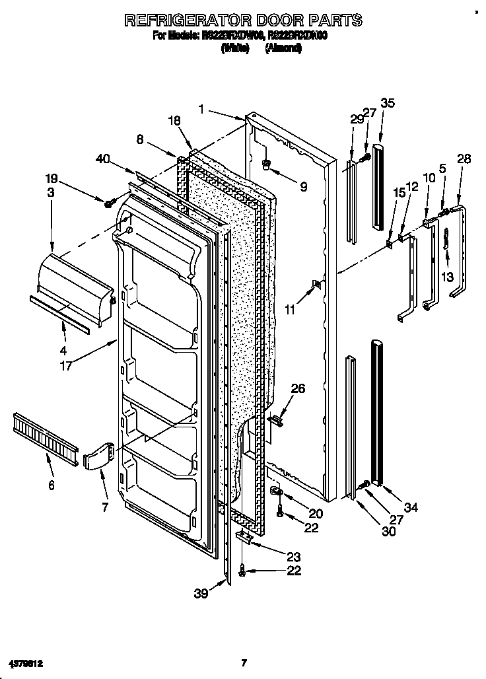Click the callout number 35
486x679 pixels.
tap(388, 102)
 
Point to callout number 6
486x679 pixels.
tap(51, 485)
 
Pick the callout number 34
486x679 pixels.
tap(411, 507)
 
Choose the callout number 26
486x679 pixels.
tap(298, 389)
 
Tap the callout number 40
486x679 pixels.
tap(103, 159)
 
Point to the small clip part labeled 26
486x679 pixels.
tap(277, 417)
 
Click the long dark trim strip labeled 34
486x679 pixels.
tap(378, 413)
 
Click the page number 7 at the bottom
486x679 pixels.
tap(244, 662)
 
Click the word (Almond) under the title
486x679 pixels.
tap(283, 48)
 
